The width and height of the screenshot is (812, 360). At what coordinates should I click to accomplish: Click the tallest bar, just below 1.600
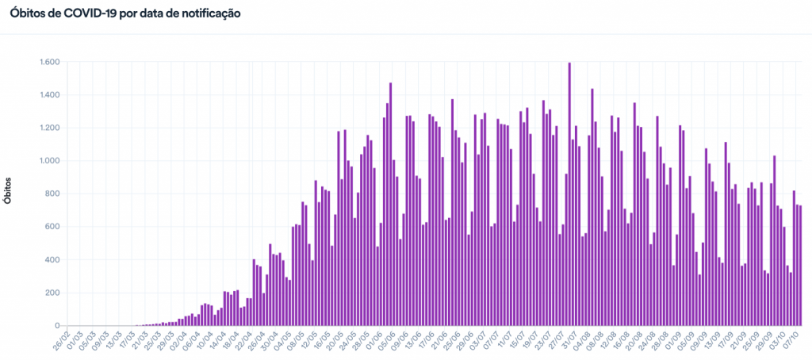point(569,194)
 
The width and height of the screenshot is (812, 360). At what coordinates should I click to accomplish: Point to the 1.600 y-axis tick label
point(50,62)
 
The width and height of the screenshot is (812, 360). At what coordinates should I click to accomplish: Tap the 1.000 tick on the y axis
point(50,161)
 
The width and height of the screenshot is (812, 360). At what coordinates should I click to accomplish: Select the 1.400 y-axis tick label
point(50,95)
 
